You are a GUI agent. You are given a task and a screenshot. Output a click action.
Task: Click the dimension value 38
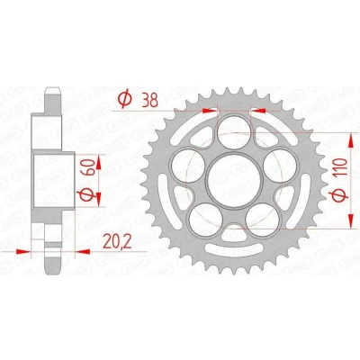tap(149, 101)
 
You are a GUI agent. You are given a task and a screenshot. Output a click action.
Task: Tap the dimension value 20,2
tap(117, 241)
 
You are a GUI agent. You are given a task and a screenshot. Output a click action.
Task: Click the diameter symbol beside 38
tap(124, 99)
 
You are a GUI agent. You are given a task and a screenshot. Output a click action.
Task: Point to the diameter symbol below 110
tap(341, 195)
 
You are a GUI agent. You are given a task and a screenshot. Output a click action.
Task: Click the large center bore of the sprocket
tap(234, 181)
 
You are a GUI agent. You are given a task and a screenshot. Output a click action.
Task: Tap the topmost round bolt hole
tap(234, 130)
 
